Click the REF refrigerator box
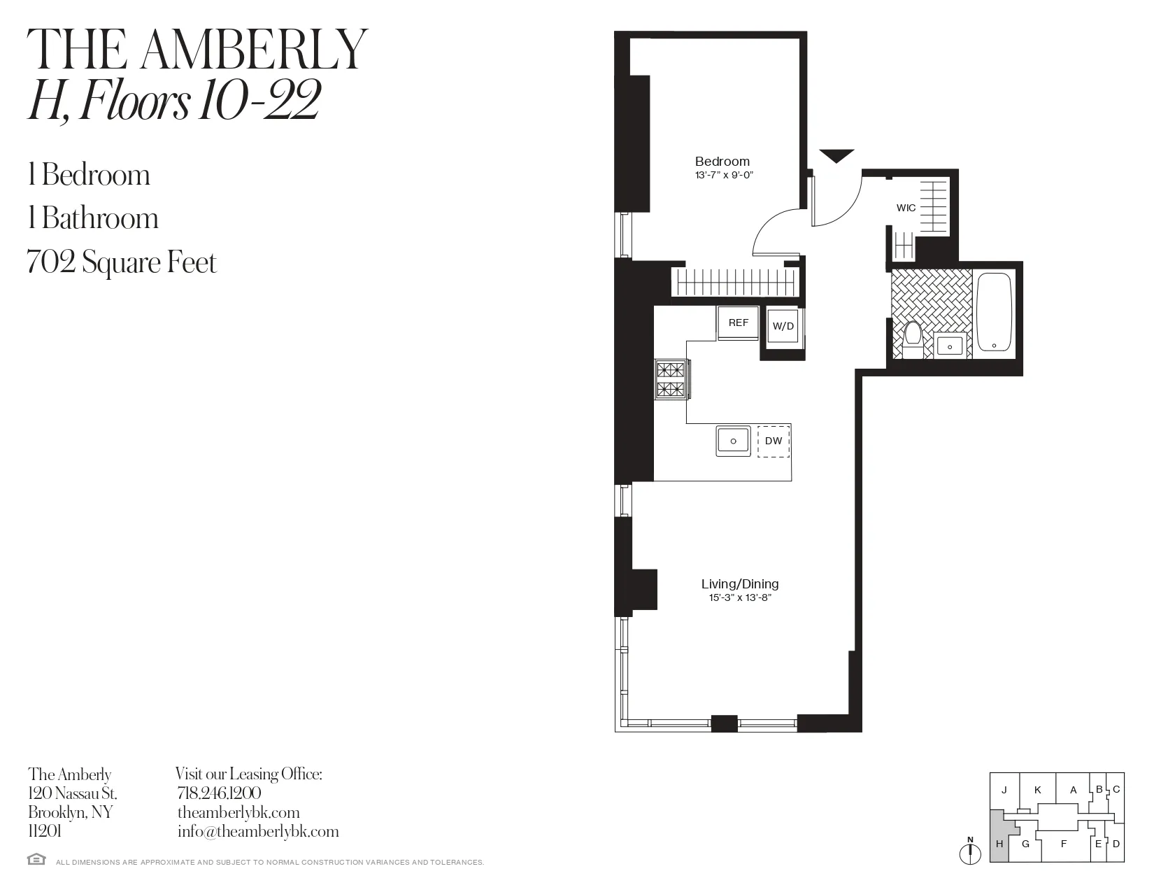pos(738,323)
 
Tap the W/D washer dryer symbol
pos(783,327)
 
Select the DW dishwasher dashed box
pos(774,441)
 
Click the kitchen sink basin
pos(733,441)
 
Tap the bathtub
pos(994,312)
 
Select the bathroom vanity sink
pos(950,345)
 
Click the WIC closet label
pos(906,208)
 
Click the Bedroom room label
pos(722,162)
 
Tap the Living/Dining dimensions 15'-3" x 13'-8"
pos(739,598)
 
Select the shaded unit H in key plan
pos(999,842)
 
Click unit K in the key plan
pos(1037,790)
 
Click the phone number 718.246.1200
pos(219,793)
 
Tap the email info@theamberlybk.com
pos(257,831)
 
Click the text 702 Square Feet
pos(122,262)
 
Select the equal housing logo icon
pos(36,859)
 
